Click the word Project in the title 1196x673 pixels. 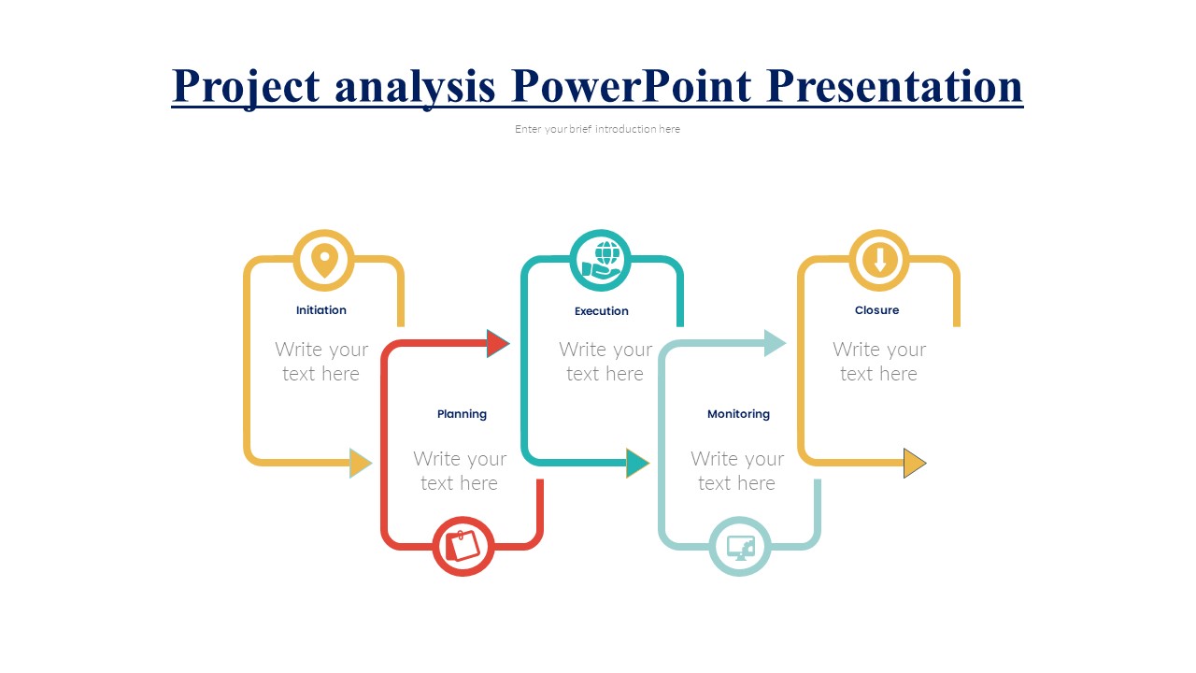246,87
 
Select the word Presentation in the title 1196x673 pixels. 894,87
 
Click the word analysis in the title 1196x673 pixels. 415,87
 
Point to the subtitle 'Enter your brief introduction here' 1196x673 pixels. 597,129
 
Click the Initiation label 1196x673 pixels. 321,310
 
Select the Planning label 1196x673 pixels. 462,414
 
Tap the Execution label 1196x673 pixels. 601,311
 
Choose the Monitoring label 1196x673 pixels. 738,414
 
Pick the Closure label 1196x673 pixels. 876,310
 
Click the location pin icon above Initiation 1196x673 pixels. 323,260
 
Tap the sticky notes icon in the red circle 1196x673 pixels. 463,546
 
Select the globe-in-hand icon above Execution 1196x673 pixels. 601,260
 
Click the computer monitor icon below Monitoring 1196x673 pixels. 740,547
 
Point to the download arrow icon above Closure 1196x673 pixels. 879,260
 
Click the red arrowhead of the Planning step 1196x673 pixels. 497,344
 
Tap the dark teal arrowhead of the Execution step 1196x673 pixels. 636,463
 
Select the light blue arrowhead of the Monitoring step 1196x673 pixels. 775,344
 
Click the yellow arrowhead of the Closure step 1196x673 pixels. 914,463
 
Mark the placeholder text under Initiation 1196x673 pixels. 321,362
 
